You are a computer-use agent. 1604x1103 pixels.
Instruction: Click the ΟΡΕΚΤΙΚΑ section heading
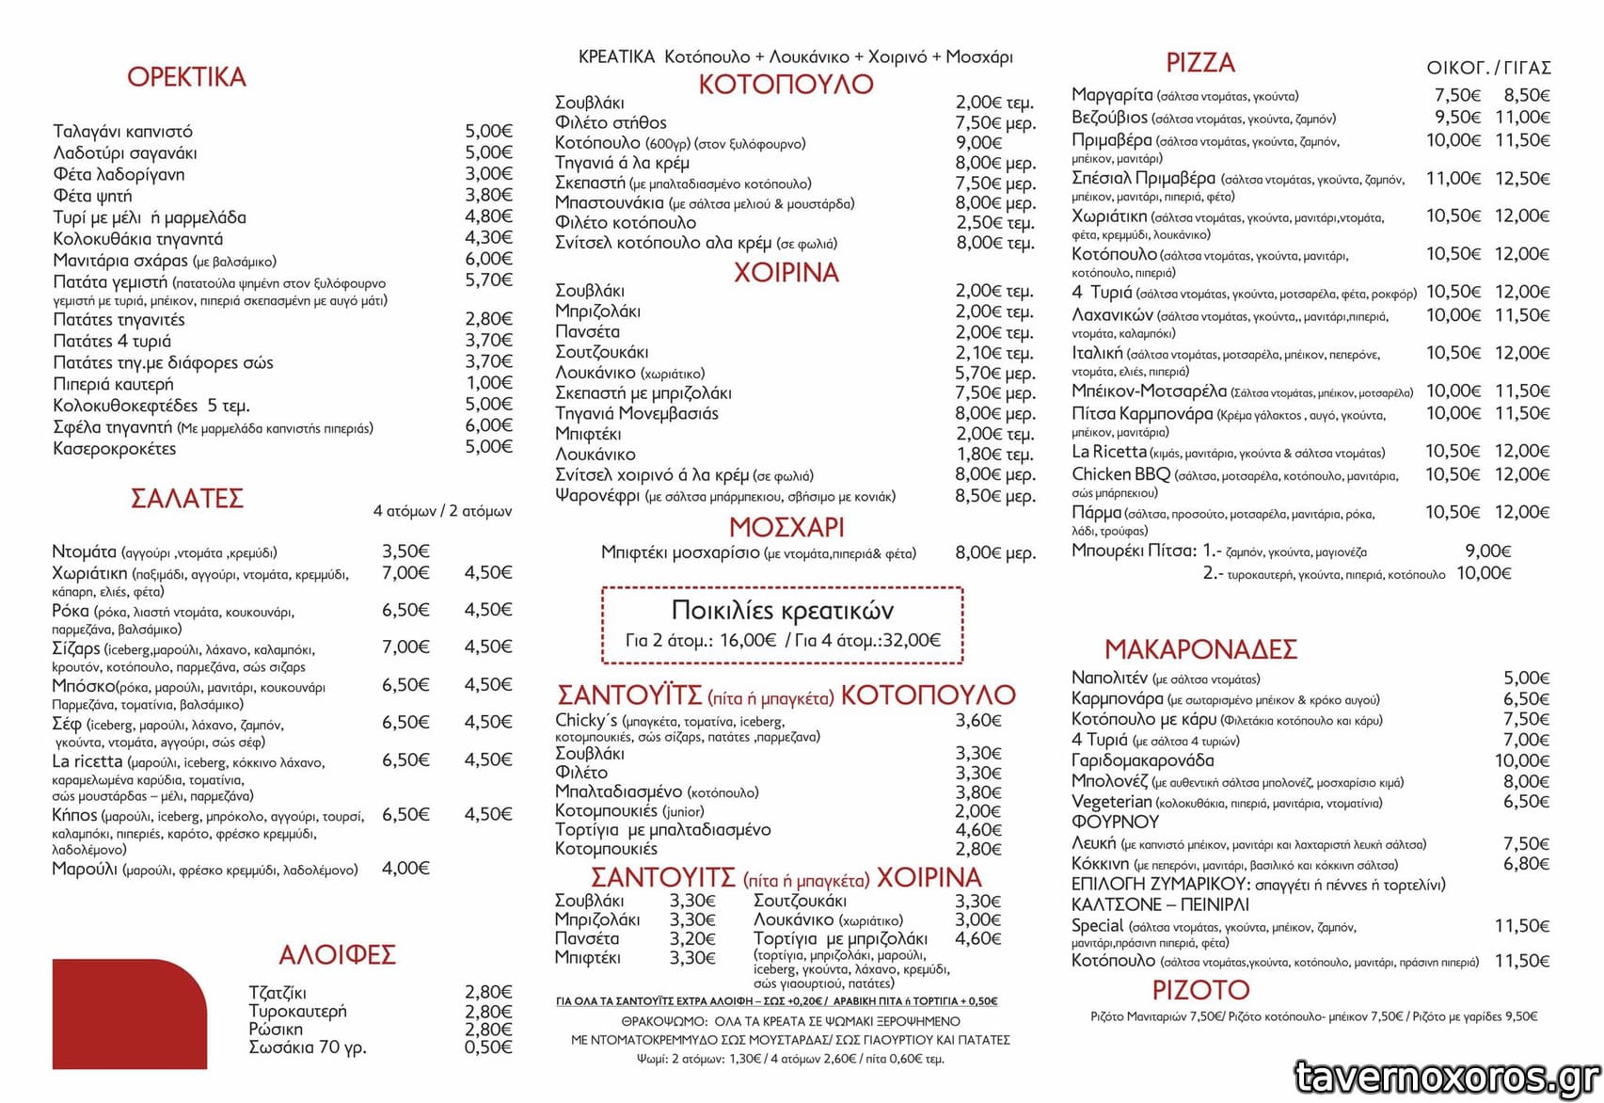click(186, 77)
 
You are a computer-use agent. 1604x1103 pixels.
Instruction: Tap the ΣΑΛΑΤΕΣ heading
click(186, 498)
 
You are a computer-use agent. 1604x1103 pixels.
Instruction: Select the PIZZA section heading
click(1199, 63)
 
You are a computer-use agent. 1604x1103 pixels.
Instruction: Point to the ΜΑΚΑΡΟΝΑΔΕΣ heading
click(1200, 649)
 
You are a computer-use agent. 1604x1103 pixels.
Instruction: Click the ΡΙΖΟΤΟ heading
click(1200, 990)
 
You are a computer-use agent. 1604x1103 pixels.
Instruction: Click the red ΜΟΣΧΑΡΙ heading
click(786, 527)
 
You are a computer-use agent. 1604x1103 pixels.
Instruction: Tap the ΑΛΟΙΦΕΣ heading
click(337, 955)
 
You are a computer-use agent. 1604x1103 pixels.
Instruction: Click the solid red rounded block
click(129, 1014)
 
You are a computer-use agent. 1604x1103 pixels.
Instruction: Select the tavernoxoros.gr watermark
click(1447, 1078)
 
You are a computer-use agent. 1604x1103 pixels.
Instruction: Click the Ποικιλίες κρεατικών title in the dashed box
click(783, 611)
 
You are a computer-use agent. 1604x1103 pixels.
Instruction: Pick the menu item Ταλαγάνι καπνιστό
click(122, 131)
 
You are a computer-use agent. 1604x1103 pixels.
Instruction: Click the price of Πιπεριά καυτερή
click(489, 383)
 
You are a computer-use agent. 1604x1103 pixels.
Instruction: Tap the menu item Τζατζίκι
click(277, 993)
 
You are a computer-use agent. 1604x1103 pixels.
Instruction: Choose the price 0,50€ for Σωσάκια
click(488, 1047)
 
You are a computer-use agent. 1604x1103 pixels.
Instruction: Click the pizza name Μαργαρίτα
click(1112, 95)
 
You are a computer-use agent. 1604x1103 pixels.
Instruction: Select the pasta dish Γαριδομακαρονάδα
click(1142, 760)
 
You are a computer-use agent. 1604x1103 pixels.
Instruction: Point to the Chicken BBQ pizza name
click(1120, 474)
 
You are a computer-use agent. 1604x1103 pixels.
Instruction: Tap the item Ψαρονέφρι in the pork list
click(597, 495)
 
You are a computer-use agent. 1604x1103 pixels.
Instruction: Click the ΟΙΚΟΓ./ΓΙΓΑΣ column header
click(1488, 68)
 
